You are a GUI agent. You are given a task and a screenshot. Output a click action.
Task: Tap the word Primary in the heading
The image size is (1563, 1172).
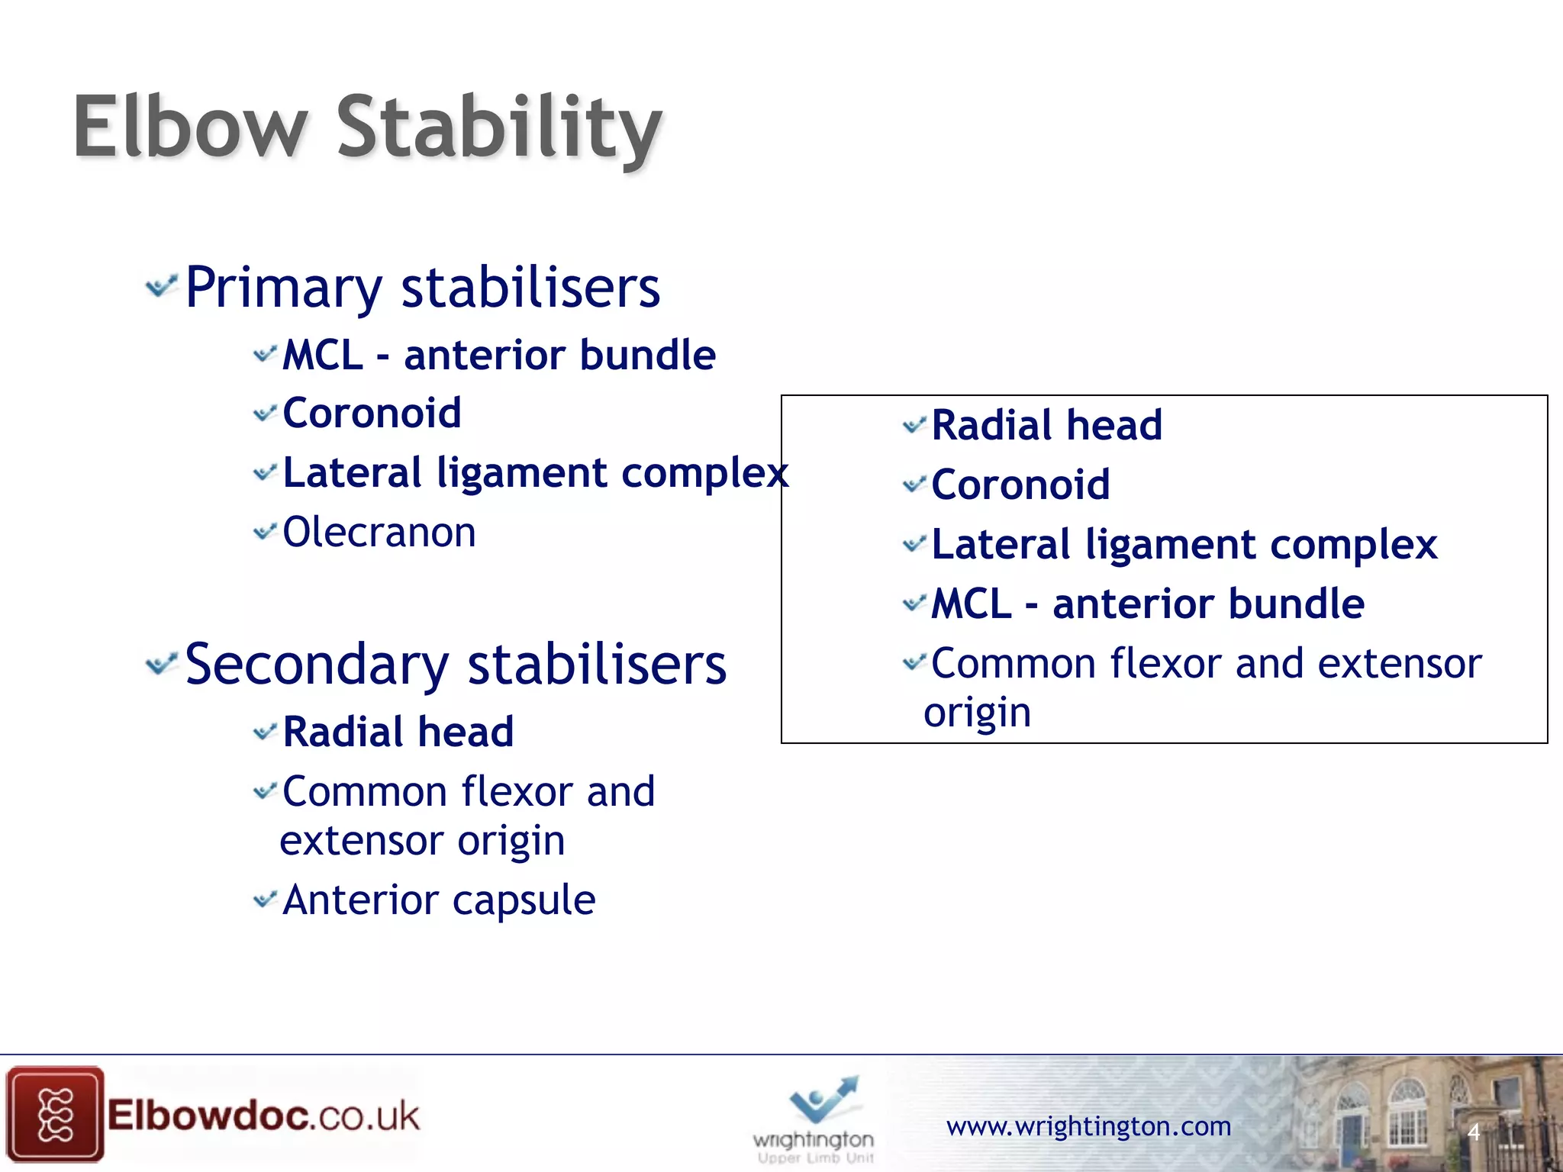tap(283, 289)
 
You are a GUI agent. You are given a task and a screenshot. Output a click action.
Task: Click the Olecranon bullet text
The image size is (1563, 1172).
tap(379, 532)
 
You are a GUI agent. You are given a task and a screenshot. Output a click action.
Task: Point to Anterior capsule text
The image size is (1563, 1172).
tap(439, 900)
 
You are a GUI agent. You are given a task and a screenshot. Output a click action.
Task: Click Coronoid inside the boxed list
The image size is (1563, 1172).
tap(1020, 485)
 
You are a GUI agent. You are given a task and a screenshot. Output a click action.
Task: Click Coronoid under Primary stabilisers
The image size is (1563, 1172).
tap(372, 413)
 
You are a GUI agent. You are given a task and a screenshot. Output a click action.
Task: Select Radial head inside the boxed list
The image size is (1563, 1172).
tap(1046, 425)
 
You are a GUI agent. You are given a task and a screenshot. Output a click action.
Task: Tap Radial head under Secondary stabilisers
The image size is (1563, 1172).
tap(398, 732)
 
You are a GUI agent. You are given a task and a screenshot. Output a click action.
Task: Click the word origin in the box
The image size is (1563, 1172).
tap(977, 713)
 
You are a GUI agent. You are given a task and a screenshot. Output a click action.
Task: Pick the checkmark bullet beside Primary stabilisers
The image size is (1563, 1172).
tap(161, 287)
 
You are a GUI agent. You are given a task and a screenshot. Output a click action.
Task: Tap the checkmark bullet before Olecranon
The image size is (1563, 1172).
tap(264, 531)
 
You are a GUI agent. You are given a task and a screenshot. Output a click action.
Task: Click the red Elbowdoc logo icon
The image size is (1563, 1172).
tap(54, 1115)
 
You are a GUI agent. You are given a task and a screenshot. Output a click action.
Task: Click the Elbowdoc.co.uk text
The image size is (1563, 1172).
tap(263, 1116)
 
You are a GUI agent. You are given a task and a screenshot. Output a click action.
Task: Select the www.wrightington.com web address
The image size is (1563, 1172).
tap(1088, 1126)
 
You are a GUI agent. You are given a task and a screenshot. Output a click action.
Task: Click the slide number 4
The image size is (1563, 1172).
tap(1473, 1132)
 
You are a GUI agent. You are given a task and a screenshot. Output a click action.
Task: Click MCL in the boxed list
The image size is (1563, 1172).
tap(971, 604)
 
